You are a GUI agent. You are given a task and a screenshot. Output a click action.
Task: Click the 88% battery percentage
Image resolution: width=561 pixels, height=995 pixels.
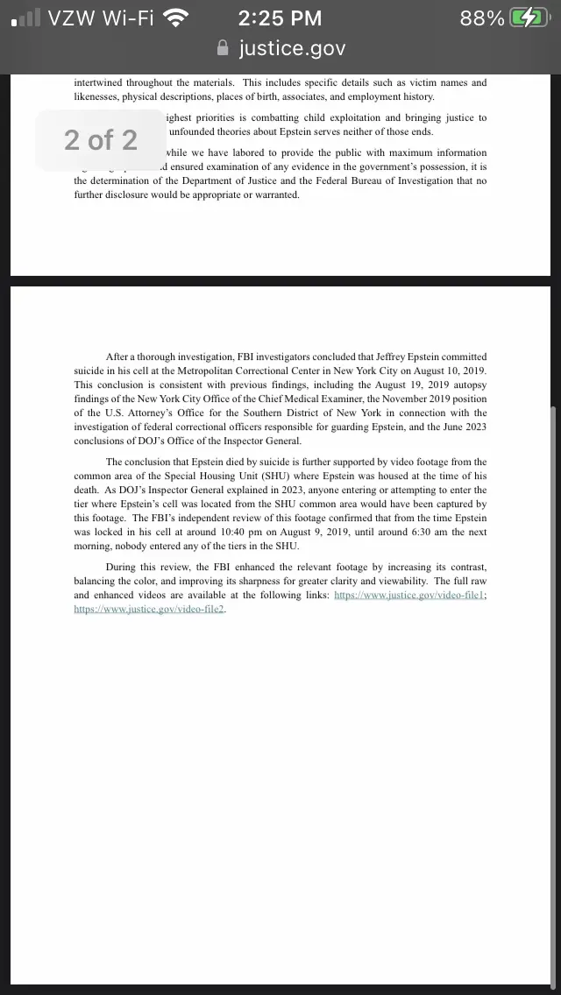tap(482, 18)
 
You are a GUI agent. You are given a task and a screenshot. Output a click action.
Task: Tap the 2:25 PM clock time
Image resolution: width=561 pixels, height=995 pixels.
tap(280, 18)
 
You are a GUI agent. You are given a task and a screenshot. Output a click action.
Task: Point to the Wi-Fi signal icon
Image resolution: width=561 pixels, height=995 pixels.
tap(177, 18)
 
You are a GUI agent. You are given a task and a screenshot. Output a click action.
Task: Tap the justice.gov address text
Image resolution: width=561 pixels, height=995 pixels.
tap(292, 48)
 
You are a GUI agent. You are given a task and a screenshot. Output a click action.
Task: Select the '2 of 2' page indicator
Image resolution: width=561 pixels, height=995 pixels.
tap(101, 139)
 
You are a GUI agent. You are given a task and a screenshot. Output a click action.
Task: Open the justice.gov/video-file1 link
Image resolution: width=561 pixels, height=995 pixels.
tap(408, 595)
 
